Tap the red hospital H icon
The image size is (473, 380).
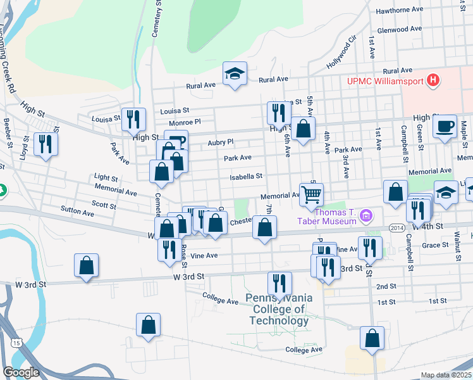pyautogui.click(x=433, y=80)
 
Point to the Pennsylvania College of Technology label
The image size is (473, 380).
pyautogui.click(x=278, y=309)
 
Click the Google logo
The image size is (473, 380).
pyautogui.click(x=21, y=372)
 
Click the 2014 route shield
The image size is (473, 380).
pyautogui.click(x=396, y=227)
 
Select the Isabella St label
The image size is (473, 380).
pyautogui.click(x=246, y=176)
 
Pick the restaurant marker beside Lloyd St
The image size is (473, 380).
pyautogui.click(x=46, y=144)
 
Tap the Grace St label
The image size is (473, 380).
pyautogui.click(x=434, y=245)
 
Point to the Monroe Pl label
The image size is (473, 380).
pyautogui.click(x=185, y=122)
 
